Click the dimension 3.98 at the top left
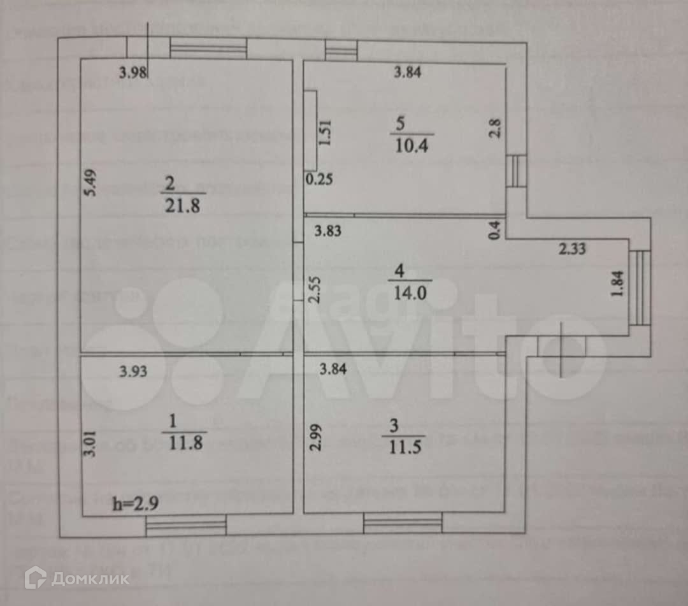(134, 73)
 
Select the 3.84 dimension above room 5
(407, 72)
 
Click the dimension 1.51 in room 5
(326, 133)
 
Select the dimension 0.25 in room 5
(319, 180)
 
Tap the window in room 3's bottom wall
(403, 524)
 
